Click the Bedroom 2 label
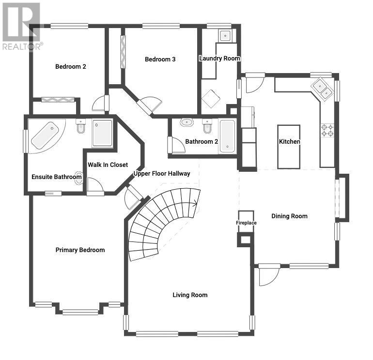(x=71, y=67)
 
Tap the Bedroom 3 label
(x=160, y=59)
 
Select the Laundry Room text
(x=219, y=59)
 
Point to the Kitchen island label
(x=289, y=142)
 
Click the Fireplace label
(x=246, y=223)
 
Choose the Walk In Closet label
(x=108, y=165)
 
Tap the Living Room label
(x=190, y=295)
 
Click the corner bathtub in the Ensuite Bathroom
(x=46, y=135)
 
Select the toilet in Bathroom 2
(x=207, y=126)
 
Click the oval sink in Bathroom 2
(x=186, y=122)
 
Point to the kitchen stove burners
(x=327, y=131)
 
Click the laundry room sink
(x=225, y=36)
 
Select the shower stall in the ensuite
(x=102, y=134)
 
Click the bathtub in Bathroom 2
(x=227, y=136)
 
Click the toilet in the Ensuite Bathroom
(x=81, y=126)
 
